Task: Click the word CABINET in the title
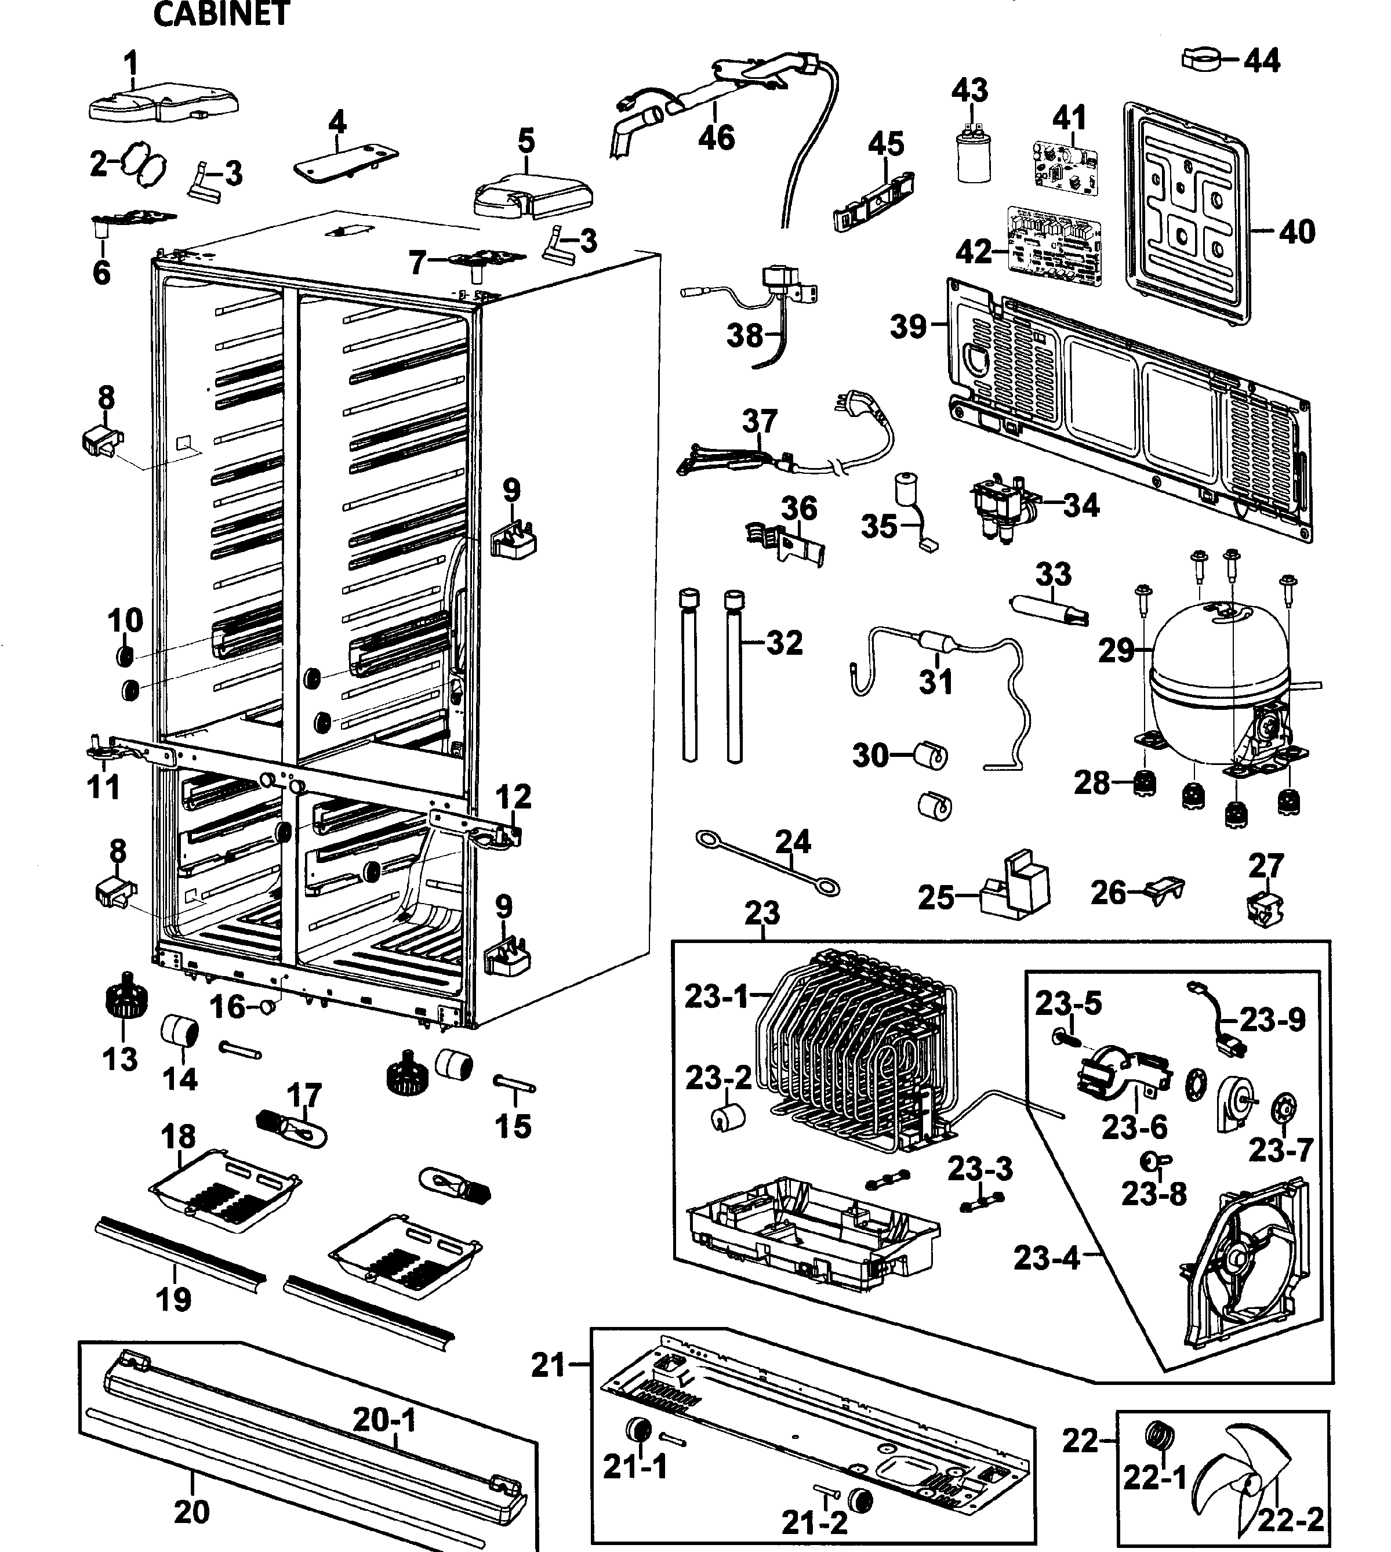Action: coord(221,14)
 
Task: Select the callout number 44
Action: coord(1261,60)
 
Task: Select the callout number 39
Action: coord(908,327)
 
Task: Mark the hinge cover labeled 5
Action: coord(532,195)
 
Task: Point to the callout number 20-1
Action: coord(384,1420)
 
